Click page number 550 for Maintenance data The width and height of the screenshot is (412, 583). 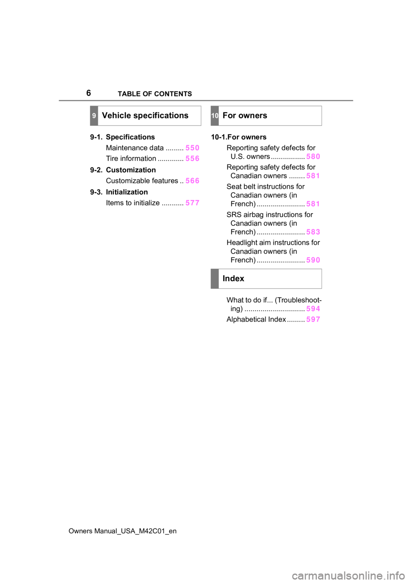tap(192, 148)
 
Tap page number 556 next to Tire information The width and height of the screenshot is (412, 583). tap(192, 158)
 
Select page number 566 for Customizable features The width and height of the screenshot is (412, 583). tap(192, 181)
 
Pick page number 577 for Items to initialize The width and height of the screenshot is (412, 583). tap(192, 203)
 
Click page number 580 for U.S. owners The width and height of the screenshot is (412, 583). tap(313, 156)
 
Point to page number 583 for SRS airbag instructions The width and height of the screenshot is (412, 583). tap(313, 232)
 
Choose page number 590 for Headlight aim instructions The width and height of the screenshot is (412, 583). tap(313, 260)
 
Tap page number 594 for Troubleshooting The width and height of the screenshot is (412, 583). tap(313, 309)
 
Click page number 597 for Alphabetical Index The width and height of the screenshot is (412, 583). tap(313, 319)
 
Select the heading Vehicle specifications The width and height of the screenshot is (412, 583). tap(145, 115)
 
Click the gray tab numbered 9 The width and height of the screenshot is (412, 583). tap(94, 115)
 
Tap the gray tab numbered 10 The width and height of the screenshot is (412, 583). tap(215, 115)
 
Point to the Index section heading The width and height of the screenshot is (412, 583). tap(233, 279)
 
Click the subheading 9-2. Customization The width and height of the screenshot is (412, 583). tap(123, 170)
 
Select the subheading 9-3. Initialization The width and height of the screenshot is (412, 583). tap(119, 192)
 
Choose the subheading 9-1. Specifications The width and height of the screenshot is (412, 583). tap(122, 137)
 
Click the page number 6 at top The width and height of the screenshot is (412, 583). tap(88, 93)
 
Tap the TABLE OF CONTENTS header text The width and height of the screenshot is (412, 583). tap(155, 94)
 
